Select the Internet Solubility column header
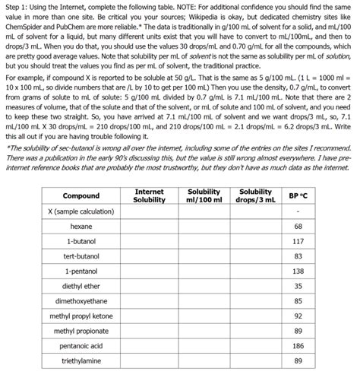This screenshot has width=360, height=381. pyautogui.click(x=149, y=195)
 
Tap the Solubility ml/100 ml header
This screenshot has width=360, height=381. pyautogui.click(x=203, y=195)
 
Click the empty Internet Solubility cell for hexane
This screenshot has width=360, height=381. pyautogui.click(x=149, y=227)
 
